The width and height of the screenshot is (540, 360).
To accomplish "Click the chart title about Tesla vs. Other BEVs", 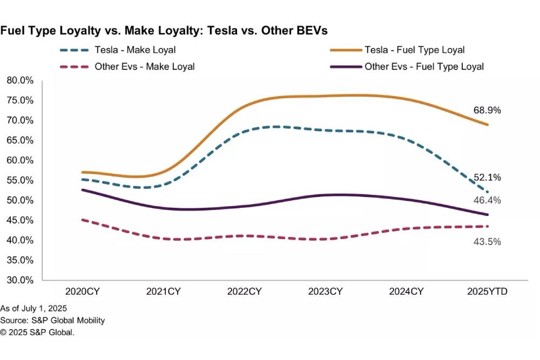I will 164,31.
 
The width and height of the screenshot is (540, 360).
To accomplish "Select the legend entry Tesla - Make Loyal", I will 135,50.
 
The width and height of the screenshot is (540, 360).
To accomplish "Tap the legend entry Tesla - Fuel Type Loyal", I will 414,50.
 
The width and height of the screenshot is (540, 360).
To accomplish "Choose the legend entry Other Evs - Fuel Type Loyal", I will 424,67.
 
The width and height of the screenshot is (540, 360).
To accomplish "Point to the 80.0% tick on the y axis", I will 21,80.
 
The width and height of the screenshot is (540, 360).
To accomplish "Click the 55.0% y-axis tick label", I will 21,180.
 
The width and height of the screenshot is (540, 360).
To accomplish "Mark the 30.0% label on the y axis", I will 21,280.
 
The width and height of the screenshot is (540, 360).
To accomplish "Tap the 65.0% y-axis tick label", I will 21,140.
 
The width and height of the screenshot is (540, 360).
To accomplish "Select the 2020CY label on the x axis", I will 83,292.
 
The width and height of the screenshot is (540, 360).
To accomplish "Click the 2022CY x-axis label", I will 245,292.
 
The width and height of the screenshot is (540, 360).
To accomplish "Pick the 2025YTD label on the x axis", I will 488,292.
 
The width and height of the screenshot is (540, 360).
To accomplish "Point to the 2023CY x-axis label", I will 326,292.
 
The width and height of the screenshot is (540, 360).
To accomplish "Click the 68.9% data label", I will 488,110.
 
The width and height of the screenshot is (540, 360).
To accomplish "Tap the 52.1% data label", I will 488,178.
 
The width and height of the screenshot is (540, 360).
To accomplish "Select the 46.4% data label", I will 488,200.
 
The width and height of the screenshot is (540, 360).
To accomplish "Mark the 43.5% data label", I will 488,242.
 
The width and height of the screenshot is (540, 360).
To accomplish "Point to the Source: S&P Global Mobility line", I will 52,320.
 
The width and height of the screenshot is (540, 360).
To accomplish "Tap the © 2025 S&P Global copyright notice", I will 37,332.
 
